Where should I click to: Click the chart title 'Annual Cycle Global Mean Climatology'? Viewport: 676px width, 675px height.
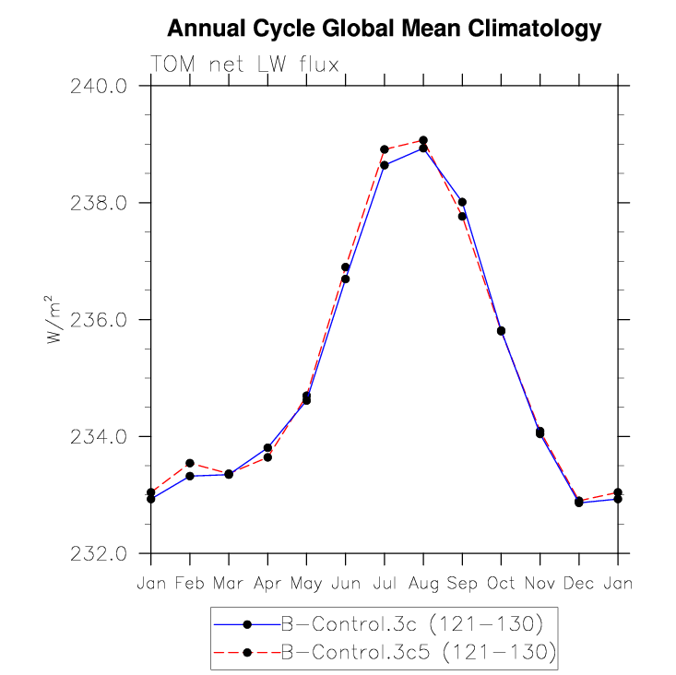[385, 30]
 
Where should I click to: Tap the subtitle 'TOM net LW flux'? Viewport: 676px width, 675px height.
[245, 65]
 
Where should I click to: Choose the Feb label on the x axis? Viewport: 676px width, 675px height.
[190, 583]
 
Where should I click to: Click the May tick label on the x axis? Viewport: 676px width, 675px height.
[306, 584]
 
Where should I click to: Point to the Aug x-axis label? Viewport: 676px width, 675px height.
[423, 584]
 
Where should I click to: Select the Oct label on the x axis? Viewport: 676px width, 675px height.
[501, 583]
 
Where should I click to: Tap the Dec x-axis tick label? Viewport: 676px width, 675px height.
[579, 583]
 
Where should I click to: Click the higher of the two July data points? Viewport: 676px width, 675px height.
[385, 149]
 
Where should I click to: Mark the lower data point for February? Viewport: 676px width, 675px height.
[190, 476]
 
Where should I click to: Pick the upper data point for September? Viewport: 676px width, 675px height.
[462, 202]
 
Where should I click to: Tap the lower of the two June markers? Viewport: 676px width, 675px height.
[346, 278]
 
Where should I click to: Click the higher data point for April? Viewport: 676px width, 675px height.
[267, 447]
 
